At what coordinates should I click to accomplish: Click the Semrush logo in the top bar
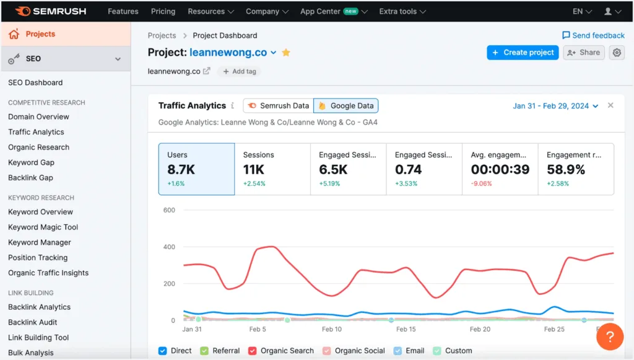51,11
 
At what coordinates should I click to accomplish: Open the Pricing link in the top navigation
163,11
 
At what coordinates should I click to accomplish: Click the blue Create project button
523,53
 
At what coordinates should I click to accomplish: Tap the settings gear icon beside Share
617,53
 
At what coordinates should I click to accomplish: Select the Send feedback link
593,35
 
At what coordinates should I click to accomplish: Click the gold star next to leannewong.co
286,53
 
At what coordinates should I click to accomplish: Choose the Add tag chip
240,71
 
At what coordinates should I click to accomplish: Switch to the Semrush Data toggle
278,106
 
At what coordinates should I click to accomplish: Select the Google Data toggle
346,106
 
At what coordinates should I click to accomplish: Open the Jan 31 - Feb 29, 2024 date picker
555,106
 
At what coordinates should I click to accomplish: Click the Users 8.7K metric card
196,169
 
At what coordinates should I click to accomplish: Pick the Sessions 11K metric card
272,169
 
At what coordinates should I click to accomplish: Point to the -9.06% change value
481,183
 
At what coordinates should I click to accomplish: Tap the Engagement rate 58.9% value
565,170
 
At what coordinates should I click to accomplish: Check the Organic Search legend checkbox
253,351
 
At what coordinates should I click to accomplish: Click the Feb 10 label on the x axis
331,330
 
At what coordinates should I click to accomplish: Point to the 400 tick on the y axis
169,247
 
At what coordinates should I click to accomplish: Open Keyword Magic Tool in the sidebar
43,227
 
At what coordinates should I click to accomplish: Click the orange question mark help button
609,336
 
